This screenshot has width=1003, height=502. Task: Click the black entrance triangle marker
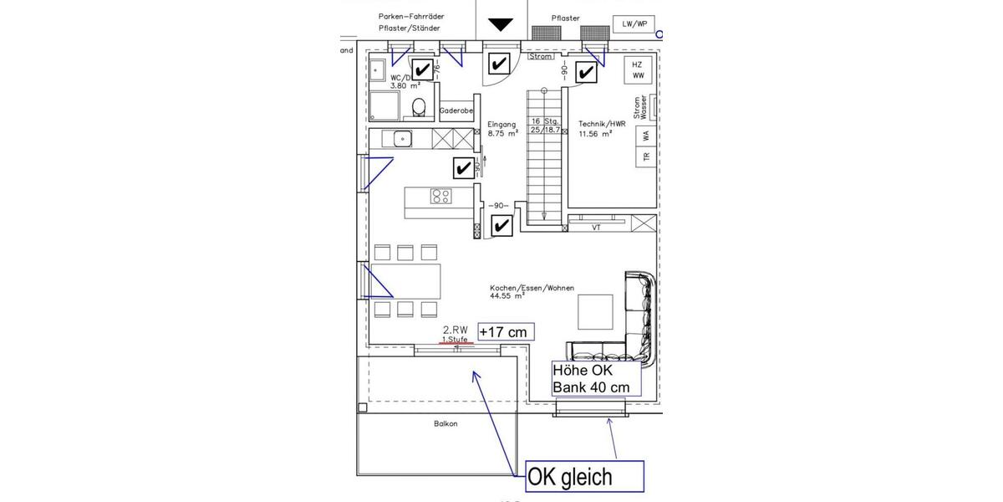click(x=501, y=24)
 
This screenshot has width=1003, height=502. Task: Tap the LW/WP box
click(x=634, y=24)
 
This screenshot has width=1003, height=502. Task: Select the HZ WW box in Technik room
click(x=638, y=69)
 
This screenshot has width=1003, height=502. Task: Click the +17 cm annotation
click(x=505, y=332)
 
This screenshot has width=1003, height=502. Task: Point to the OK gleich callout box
click(x=584, y=477)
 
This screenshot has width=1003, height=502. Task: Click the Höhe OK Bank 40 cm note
click(x=594, y=378)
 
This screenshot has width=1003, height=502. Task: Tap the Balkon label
click(x=445, y=423)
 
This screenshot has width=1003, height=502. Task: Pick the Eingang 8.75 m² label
click(x=503, y=128)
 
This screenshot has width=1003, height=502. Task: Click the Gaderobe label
click(x=456, y=110)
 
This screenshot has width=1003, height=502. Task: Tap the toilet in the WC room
click(x=420, y=107)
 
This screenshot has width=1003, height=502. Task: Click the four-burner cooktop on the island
click(x=440, y=197)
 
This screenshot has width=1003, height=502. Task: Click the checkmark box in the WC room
click(x=422, y=69)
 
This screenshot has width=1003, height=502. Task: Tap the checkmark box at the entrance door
click(x=500, y=64)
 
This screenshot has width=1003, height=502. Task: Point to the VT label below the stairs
click(x=596, y=227)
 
